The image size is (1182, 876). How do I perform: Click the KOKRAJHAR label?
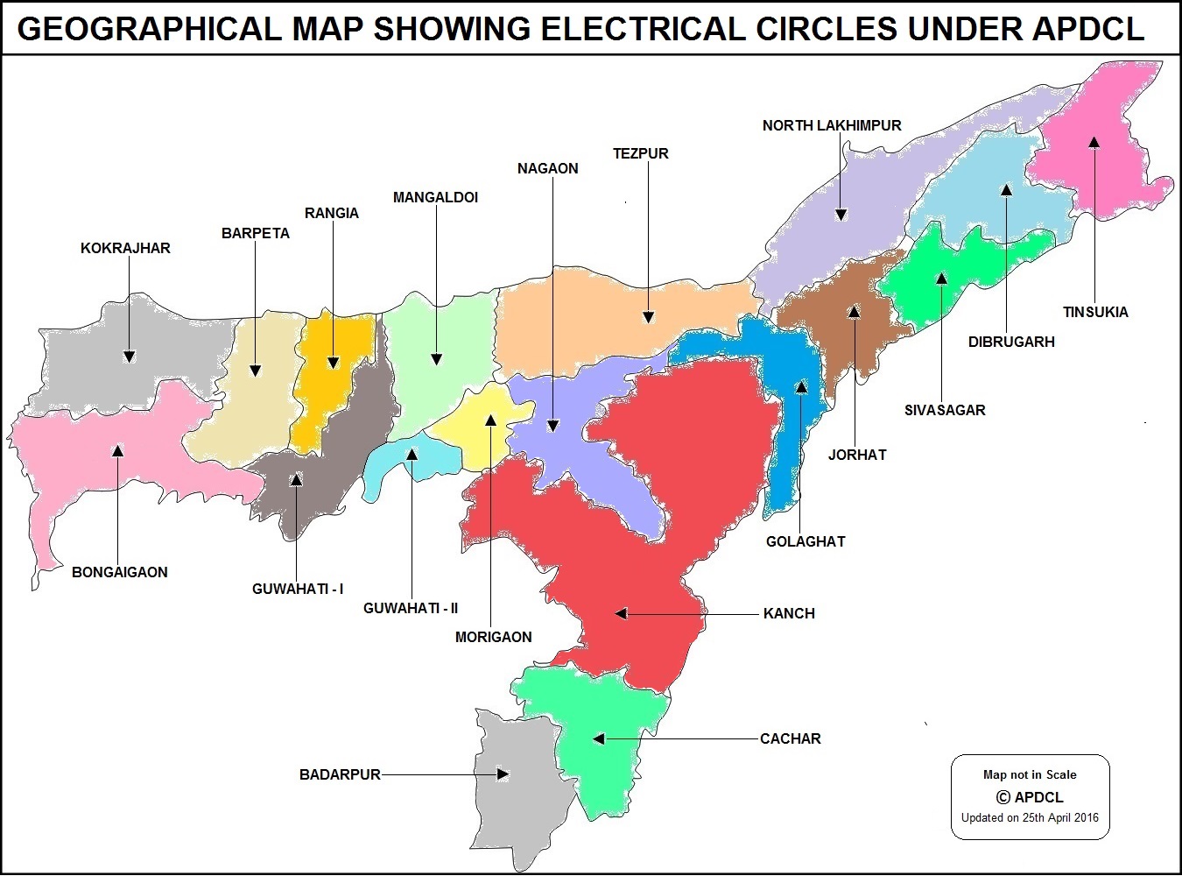pos(125,248)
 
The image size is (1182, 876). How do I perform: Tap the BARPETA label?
pos(255,233)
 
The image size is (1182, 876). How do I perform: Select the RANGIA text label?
pos(331,213)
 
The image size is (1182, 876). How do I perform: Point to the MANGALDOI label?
pos(435,197)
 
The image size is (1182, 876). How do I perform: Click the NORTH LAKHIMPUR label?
pos(831,125)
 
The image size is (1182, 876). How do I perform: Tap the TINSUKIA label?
pos(1094,312)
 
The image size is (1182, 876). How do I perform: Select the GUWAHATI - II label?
pos(410,608)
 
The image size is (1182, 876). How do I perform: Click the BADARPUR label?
pos(340,774)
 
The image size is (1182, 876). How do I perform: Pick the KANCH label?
pos(788,613)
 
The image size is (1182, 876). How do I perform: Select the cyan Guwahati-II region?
pos(429,460)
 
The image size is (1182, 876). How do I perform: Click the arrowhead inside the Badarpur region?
pos(503,774)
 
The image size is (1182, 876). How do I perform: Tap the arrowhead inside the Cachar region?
pos(599,739)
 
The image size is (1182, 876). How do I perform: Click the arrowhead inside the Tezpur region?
pos(648,317)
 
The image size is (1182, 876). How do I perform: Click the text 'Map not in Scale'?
pos(1030,774)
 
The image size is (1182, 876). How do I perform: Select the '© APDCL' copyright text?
pos(1030,797)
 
